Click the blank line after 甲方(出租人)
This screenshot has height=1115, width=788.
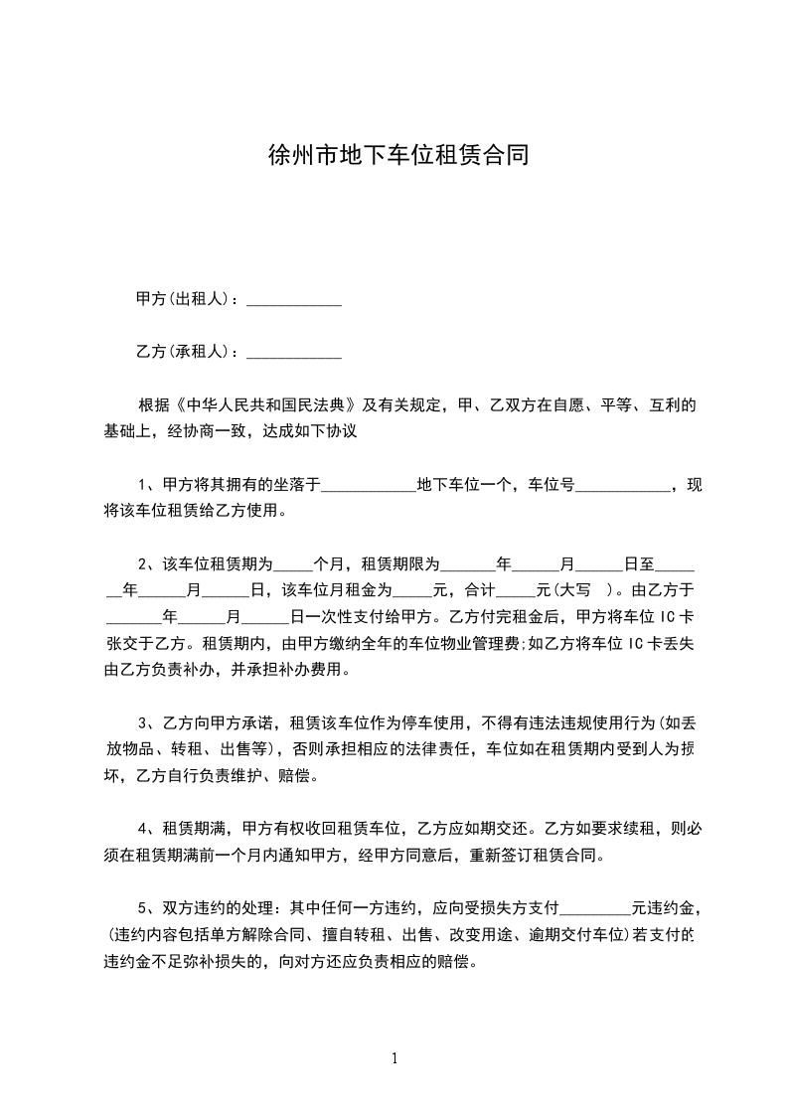click(x=293, y=299)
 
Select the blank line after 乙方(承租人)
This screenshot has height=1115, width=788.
click(x=293, y=352)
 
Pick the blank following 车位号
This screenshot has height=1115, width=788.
click(x=623, y=486)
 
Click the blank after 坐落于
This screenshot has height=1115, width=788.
click(x=369, y=486)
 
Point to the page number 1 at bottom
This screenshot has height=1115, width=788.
click(x=394, y=1058)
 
